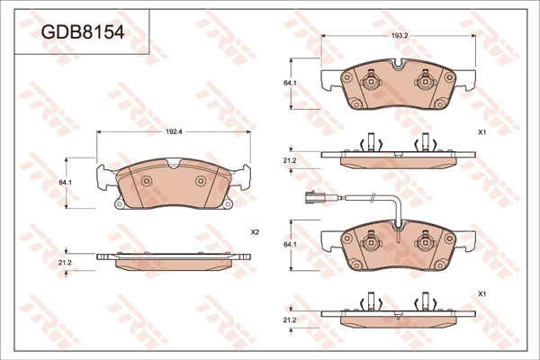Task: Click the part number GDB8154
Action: pos(83,32)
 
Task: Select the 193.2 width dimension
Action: pos(399,35)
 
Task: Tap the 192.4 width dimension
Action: pos(174,131)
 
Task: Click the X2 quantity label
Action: pos(255,232)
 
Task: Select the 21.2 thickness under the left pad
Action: pos(65,263)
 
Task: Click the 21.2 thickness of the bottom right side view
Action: pos(290,320)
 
